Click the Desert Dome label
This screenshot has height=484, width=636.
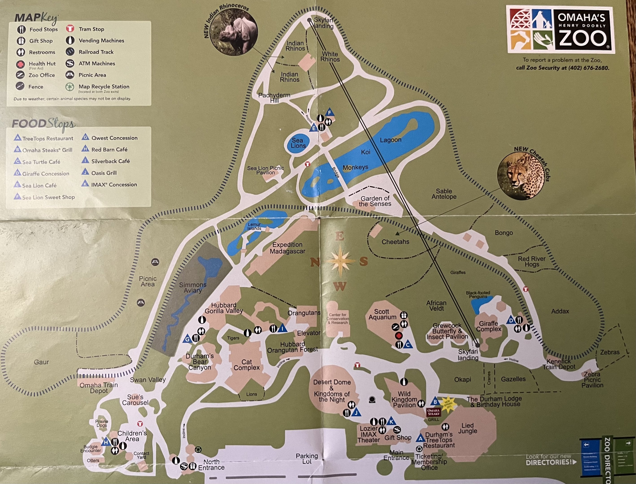pos(332,382)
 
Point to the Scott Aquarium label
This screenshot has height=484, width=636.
pos(382,314)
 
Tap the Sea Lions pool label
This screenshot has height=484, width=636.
pos(298,143)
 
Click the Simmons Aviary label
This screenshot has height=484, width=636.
pos(193,287)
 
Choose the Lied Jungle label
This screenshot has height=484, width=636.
pos(467,428)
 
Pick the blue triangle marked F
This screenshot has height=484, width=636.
pos(330,113)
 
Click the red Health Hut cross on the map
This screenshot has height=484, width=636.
pos(399,336)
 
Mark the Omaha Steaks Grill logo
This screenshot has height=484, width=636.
pos(433,412)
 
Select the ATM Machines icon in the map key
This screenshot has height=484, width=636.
pos(70,63)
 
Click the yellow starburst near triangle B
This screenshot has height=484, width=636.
pos(447,404)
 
